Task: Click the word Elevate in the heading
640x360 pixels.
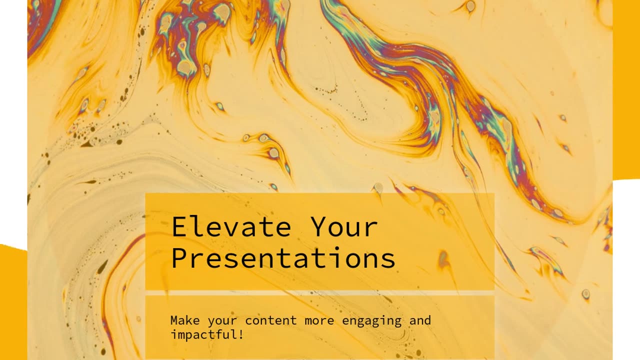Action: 231,226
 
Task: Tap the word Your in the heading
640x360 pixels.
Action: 344,226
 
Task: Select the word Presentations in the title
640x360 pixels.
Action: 283,257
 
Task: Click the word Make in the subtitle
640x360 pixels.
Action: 185,320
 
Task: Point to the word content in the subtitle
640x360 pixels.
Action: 271,320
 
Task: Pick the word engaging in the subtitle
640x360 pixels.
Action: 371,321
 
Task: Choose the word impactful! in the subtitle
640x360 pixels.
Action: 207,335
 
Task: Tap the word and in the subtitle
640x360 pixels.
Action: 420,320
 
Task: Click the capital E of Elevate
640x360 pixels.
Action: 179,226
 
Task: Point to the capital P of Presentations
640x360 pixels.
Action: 179,257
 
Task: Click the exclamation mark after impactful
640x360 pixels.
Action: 241,334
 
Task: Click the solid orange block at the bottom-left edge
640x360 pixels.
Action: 13,302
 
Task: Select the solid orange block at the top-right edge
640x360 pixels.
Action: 626,90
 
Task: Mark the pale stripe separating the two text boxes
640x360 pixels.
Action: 319,293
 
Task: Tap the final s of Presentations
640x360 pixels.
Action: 388,260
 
